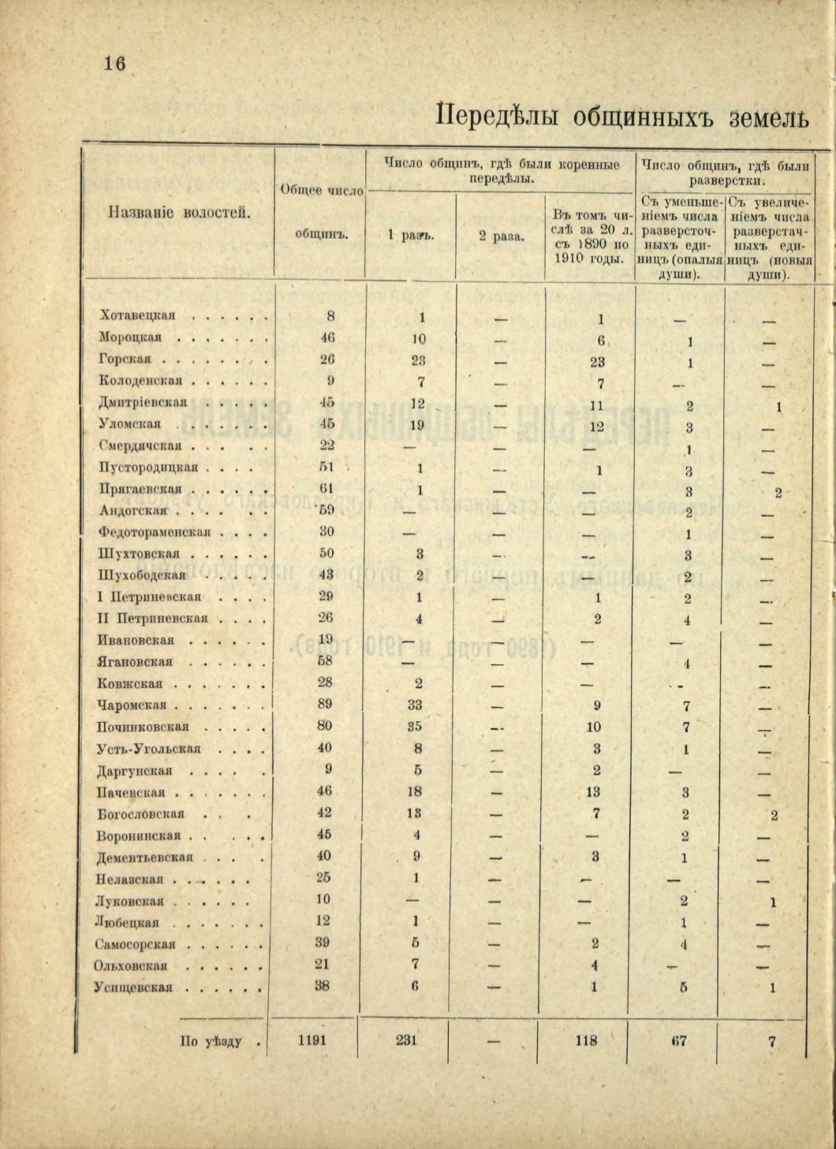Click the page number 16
(x=114, y=64)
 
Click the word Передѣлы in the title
(x=497, y=116)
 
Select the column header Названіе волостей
(x=179, y=212)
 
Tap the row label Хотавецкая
(x=138, y=315)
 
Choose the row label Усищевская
(x=135, y=987)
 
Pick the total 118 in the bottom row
(x=586, y=1040)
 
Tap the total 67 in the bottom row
(x=679, y=1040)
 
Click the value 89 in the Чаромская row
(x=325, y=705)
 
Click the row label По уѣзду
(x=211, y=1041)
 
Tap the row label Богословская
(x=141, y=813)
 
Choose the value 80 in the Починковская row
(x=325, y=726)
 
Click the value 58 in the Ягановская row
(x=326, y=661)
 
